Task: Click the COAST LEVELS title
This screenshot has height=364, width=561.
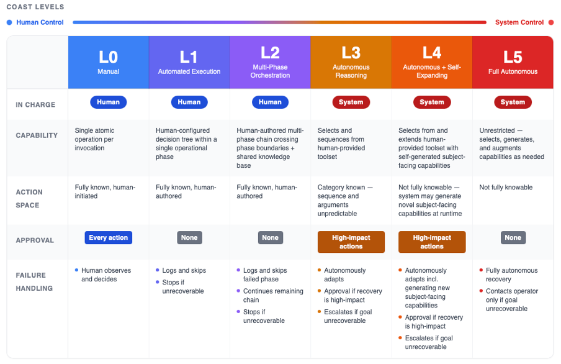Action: click(35, 7)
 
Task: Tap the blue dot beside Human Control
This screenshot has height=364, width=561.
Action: click(9, 22)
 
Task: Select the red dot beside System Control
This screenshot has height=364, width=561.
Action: click(551, 22)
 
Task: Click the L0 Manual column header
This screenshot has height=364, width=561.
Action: click(109, 62)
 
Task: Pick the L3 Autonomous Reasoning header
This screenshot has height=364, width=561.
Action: click(351, 62)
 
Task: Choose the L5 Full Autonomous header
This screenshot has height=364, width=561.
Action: click(513, 62)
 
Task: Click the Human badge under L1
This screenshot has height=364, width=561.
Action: click(189, 102)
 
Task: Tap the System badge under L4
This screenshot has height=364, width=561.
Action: click(432, 102)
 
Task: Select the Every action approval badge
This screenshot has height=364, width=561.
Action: click(109, 237)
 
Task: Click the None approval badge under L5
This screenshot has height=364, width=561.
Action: click(513, 237)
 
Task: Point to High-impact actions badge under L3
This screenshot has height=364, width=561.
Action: click(351, 242)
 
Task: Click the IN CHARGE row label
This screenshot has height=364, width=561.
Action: click(35, 104)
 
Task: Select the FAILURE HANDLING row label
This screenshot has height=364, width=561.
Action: click(34, 281)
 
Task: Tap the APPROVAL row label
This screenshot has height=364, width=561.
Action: click(35, 240)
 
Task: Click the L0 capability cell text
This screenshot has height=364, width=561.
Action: click(94, 139)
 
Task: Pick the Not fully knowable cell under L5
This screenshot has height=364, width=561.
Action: click(506, 188)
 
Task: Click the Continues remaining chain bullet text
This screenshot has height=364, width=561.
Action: click(273, 296)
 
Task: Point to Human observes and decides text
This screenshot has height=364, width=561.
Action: click(106, 275)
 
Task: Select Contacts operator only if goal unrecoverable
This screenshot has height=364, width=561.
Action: click(511, 300)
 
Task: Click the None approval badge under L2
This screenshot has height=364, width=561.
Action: click(270, 237)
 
